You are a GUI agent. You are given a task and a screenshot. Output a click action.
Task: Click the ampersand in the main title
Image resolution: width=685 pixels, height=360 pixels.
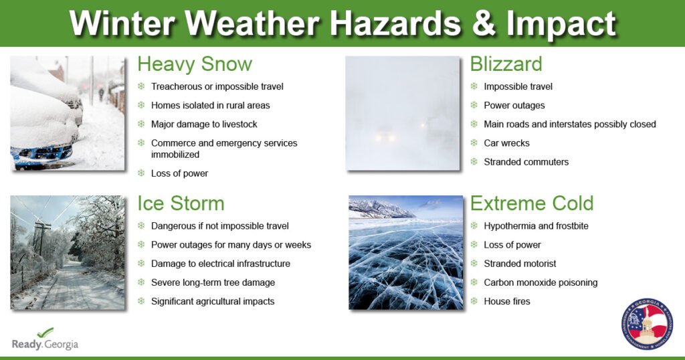coord(483,23)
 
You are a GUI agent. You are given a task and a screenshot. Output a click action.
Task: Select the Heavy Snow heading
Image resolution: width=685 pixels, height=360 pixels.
coord(195,64)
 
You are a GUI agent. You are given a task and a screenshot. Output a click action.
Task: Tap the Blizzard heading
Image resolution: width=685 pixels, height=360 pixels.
coord(506,64)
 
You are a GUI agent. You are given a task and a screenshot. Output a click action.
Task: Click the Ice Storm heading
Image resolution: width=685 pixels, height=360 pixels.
coord(181,203)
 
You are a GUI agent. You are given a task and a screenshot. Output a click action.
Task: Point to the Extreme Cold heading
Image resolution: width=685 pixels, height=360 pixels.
coord(532,203)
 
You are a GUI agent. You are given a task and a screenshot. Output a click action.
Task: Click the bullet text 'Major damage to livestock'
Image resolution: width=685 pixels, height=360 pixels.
coord(204,124)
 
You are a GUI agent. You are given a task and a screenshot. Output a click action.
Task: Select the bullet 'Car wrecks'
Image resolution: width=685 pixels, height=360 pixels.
coord(506,143)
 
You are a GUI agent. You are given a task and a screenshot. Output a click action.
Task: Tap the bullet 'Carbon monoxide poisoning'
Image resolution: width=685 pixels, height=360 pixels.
coord(541,282)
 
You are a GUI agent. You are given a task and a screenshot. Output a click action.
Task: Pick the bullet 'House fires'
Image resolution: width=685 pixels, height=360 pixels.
coord(507,302)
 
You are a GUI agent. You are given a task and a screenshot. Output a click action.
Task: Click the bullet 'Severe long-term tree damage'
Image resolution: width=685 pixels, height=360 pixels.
coord(213,282)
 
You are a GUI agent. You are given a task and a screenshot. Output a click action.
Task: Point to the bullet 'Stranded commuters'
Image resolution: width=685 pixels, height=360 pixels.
coord(526,162)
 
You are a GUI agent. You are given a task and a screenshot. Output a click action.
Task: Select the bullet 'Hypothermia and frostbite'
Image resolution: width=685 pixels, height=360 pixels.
coord(536,226)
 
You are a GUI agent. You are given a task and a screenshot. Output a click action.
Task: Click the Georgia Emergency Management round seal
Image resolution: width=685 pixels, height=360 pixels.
coord(647,324)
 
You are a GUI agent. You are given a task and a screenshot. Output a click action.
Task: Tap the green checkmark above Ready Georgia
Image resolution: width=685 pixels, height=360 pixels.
coord(45,333)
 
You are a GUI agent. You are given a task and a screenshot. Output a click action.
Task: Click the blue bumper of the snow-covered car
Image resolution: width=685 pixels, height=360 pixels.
coord(41,154)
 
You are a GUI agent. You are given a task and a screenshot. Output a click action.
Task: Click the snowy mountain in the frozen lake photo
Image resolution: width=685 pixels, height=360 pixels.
coord(380,208)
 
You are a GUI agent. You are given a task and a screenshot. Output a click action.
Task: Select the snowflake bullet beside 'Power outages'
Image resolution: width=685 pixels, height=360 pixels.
coord(474,105)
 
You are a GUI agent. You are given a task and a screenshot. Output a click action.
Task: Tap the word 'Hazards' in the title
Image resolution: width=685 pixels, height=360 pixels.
coord(395,23)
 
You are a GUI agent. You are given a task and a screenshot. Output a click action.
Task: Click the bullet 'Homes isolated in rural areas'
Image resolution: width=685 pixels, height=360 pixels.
coord(211,105)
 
